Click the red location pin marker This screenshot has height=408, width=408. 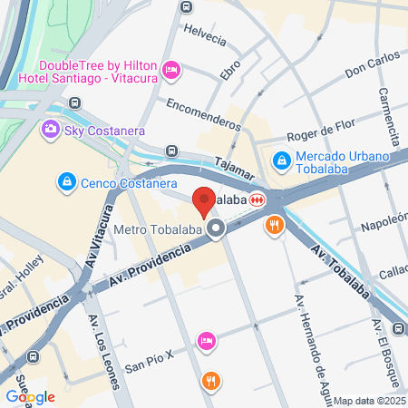pos(204,200)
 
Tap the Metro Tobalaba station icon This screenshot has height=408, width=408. pos(216,229)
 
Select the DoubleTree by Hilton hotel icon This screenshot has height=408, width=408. pos(171,70)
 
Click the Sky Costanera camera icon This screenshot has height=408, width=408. pos(51,131)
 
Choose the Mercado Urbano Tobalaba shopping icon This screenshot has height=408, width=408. pos(283,160)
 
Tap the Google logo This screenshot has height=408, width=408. pos(30,396)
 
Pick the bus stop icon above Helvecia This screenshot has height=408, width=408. pos(186,7)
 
